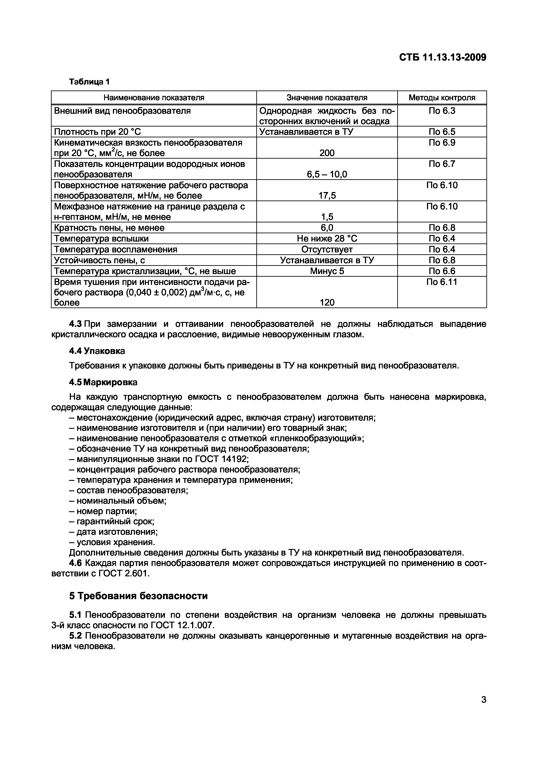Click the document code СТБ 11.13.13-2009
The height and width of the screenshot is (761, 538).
click(x=443, y=57)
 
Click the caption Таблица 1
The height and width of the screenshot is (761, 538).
click(x=89, y=82)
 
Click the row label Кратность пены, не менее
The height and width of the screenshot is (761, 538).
click(x=109, y=228)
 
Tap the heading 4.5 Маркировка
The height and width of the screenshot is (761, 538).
click(x=103, y=382)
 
